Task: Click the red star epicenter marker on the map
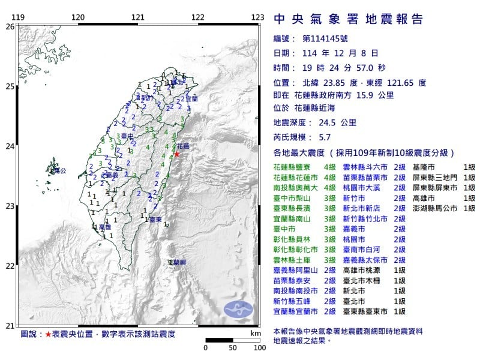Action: pos(176,154)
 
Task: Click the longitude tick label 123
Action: pos(258,17)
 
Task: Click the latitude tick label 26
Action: pos(10,27)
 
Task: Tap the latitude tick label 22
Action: pos(10,266)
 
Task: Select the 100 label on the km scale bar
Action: pos(259,347)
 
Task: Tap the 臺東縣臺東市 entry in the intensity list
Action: pos(367,311)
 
